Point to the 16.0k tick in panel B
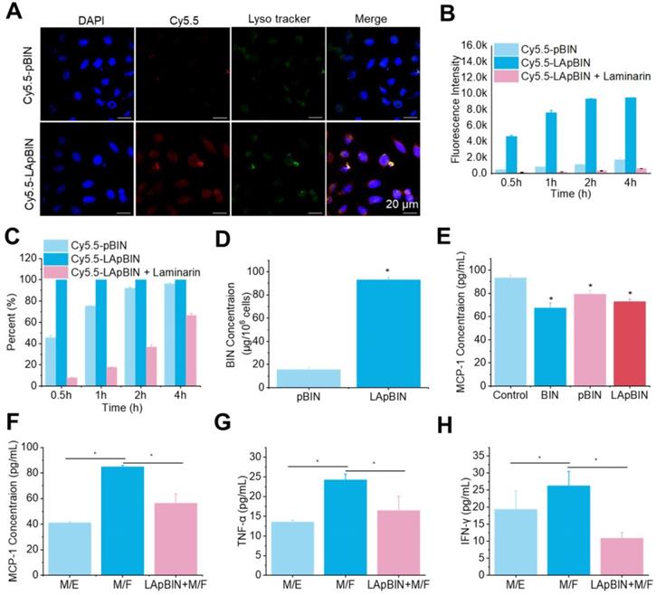coord(485,42)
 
